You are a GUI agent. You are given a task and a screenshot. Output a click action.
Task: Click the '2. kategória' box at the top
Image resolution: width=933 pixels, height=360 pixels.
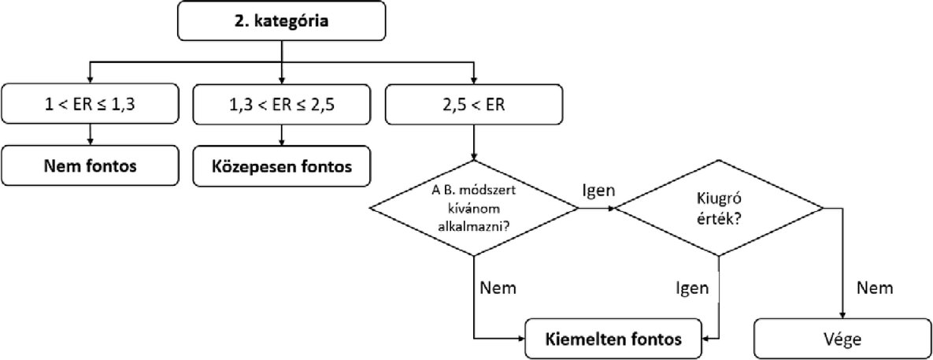pyautogui.click(x=282, y=21)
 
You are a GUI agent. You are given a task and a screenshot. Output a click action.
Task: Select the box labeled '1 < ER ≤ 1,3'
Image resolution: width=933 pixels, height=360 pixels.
pyautogui.click(x=91, y=102)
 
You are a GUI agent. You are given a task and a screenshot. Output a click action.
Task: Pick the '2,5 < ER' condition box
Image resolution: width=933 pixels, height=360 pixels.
pyautogui.click(x=474, y=102)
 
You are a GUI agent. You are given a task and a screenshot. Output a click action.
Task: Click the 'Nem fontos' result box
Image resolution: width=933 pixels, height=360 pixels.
pyautogui.click(x=91, y=167)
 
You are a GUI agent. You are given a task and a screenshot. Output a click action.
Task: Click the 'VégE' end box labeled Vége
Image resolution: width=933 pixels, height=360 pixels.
pyautogui.click(x=843, y=340)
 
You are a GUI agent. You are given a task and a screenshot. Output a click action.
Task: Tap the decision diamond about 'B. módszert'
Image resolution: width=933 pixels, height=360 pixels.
pyautogui.click(x=474, y=208)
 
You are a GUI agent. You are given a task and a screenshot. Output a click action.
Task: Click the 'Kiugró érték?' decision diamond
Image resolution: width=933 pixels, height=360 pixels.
pyautogui.click(x=719, y=209)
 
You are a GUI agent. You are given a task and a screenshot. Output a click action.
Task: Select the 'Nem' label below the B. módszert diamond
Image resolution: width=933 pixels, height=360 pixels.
pyautogui.click(x=497, y=288)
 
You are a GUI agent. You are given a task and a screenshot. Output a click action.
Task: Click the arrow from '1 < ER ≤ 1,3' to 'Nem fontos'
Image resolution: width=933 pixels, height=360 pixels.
pyautogui.click(x=91, y=135)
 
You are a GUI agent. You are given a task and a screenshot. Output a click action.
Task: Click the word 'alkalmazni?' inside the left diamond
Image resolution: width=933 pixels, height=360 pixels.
pyautogui.click(x=473, y=224)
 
